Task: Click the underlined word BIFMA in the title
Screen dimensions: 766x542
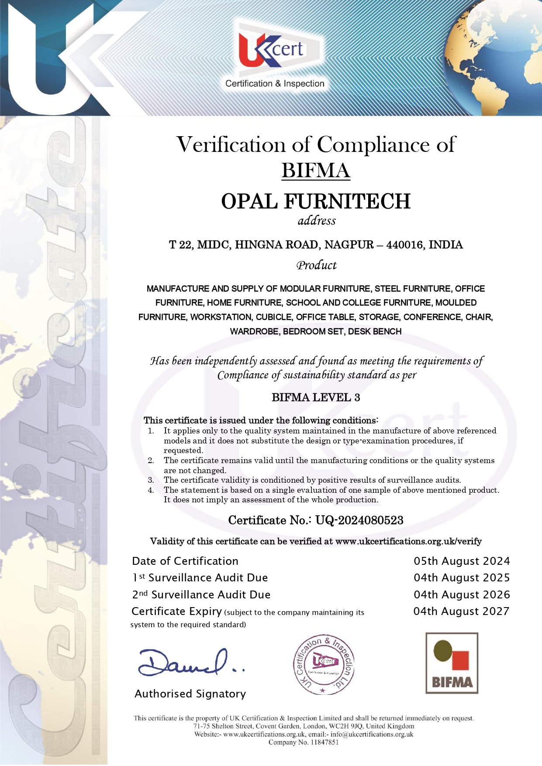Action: tap(316, 170)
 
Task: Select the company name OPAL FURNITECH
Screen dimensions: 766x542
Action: tap(316, 201)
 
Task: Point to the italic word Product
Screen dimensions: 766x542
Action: tap(316, 265)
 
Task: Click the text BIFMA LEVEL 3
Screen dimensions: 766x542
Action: tap(316, 397)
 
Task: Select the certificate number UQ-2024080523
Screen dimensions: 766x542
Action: tap(359, 520)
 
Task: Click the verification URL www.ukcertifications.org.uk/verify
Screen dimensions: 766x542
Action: tap(408, 541)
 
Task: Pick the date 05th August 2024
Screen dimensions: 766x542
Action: tap(462, 561)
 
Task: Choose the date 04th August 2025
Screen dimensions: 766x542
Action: tap(462, 577)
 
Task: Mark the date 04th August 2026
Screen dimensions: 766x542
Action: tap(462, 594)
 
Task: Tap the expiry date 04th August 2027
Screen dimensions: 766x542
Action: tap(461, 611)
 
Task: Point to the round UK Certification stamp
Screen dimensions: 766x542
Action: tap(323, 664)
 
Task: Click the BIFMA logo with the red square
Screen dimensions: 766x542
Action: tap(452, 663)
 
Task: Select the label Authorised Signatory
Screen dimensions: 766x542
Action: tap(190, 694)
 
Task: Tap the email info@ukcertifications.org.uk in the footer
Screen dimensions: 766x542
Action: tap(371, 734)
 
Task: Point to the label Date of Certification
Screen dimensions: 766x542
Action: tap(185, 561)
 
